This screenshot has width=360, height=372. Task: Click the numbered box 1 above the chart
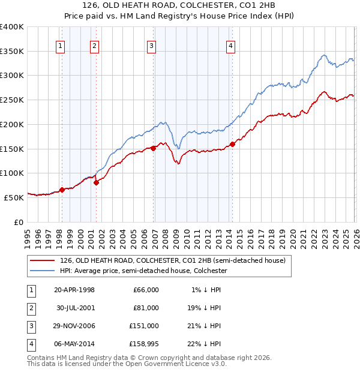(x=61, y=45)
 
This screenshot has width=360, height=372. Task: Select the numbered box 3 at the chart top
(x=151, y=45)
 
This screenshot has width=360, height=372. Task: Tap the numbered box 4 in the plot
(x=230, y=45)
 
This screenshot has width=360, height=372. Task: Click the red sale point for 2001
(x=97, y=182)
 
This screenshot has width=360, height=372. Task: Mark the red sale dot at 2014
(x=232, y=144)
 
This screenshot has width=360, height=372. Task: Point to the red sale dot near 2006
(x=154, y=148)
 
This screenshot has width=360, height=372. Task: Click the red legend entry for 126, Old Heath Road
(x=174, y=260)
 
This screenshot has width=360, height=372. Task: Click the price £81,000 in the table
(x=146, y=308)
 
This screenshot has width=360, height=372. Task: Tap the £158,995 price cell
(x=143, y=344)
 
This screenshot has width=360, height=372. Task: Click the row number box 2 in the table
(x=30, y=308)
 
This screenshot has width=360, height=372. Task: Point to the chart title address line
(x=180, y=6)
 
